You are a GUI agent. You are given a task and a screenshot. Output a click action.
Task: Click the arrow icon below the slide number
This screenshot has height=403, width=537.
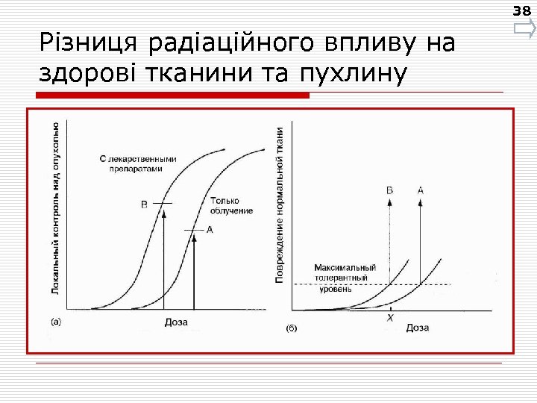[524, 30]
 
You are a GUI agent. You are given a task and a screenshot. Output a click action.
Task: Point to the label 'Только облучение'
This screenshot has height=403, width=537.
[231, 205]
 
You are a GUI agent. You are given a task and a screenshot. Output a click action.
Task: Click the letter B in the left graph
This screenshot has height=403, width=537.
[145, 204]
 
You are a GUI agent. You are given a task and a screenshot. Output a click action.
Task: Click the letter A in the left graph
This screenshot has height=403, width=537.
[210, 230]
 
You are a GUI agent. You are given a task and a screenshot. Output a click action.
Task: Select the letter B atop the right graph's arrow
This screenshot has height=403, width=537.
[389, 191]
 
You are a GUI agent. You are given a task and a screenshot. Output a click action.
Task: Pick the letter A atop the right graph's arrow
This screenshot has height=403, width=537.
[421, 191]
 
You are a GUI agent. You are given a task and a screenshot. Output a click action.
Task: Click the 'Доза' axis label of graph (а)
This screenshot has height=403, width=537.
[176, 322]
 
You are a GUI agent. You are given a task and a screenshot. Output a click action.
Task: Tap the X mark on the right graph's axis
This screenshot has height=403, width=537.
[389, 318]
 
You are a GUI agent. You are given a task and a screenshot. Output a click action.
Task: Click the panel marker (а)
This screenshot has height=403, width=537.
[56, 322]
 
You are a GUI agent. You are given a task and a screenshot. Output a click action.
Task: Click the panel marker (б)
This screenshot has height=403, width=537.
[294, 328]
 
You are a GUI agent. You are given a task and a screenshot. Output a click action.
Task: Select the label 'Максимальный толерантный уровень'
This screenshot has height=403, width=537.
[344, 278]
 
